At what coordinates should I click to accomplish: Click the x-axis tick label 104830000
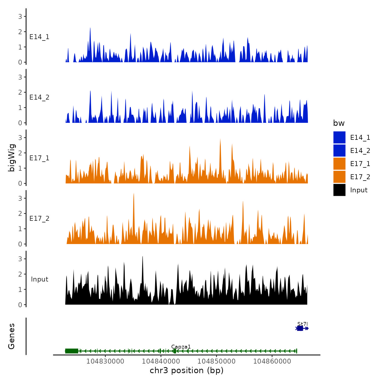coord(105,361)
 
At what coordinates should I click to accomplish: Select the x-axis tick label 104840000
coord(161,361)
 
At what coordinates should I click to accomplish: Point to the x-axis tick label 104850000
coord(216,361)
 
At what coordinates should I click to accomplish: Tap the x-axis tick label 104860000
coord(272,361)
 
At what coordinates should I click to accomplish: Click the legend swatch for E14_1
coord(339,137)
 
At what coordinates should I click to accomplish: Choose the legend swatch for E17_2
coord(339,177)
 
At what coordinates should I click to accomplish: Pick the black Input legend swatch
coord(339,190)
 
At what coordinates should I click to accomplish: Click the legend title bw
coord(339,123)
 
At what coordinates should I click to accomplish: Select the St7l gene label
coord(303,324)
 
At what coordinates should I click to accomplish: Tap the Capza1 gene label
coord(181,347)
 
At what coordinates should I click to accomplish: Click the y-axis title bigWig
coord(11,158)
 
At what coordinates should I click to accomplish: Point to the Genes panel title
coord(11,336)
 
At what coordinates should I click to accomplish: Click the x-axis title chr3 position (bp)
coord(187,370)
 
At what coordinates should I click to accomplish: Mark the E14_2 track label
coord(39,97)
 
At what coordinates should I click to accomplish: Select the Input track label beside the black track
coord(39,279)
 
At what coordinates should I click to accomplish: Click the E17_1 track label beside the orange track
coord(39,158)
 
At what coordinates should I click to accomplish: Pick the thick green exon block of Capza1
coord(72,351)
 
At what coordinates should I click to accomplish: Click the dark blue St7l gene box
coord(300,328)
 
